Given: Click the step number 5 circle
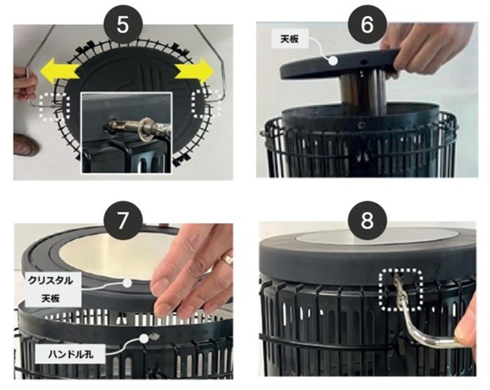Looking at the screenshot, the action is tap(123, 25).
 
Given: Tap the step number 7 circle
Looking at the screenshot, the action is tap(123, 220).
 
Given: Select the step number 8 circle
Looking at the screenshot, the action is tap(367, 220).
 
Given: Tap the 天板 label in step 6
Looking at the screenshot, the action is tap(290, 38).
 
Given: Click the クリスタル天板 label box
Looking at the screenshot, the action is tap(53, 289).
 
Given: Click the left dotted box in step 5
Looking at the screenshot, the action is tap(55, 106).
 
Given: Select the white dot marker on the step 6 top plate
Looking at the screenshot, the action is tap(333, 61).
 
